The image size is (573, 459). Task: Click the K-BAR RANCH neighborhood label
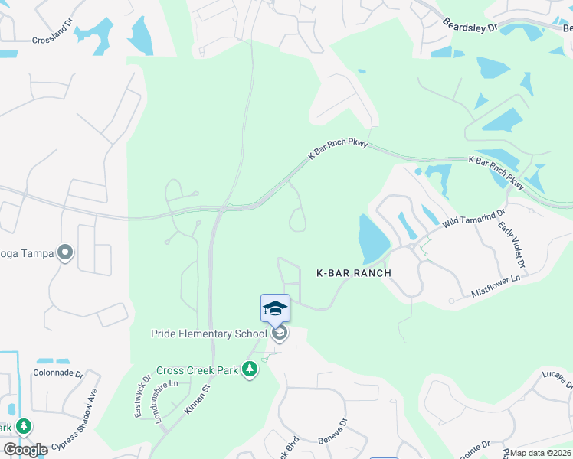[354, 273]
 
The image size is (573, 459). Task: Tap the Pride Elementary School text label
[209, 334]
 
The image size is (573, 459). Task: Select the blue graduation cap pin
[275, 308]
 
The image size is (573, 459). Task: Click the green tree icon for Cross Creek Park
[249, 370]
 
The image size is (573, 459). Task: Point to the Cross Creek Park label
[197, 370]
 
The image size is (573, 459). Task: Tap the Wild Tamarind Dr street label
[474, 220]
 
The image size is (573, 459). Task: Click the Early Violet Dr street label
[512, 244]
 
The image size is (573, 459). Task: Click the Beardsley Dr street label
[470, 27]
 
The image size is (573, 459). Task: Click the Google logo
[25, 449]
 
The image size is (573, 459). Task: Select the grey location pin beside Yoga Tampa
[66, 252]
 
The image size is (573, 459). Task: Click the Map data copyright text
[541, 453]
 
